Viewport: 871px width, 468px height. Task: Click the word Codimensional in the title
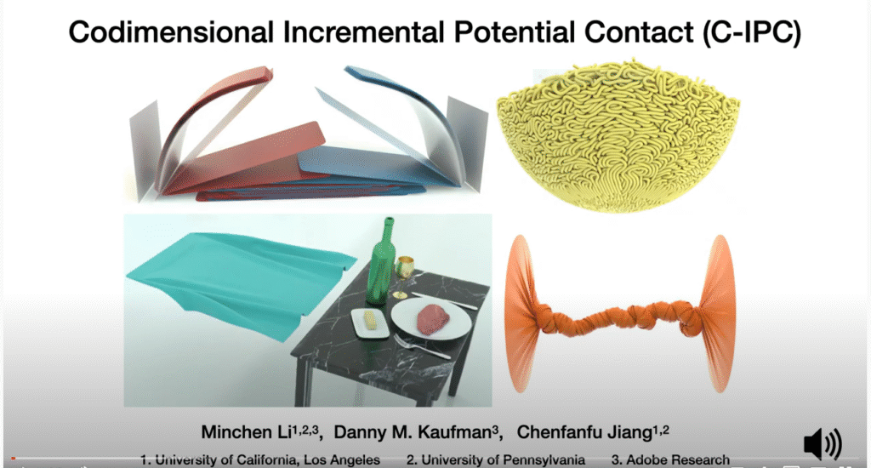[171, 32]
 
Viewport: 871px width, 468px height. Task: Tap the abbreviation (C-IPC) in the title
[751, 32]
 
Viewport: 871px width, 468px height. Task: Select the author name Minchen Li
[246, 432]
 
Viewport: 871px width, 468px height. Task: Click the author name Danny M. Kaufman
[413, 432]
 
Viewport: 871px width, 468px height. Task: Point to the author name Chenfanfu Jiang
[584, 432]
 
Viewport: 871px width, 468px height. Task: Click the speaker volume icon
[823, 444]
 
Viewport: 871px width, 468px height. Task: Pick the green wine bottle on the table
[381, 264]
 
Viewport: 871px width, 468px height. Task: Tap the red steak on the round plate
[433, 318]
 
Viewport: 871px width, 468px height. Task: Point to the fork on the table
[422, 346]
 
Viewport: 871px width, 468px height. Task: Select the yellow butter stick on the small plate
[369, 320]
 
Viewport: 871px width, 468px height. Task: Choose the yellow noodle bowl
[618, 135]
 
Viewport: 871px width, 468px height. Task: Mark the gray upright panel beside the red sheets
[144, 150]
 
